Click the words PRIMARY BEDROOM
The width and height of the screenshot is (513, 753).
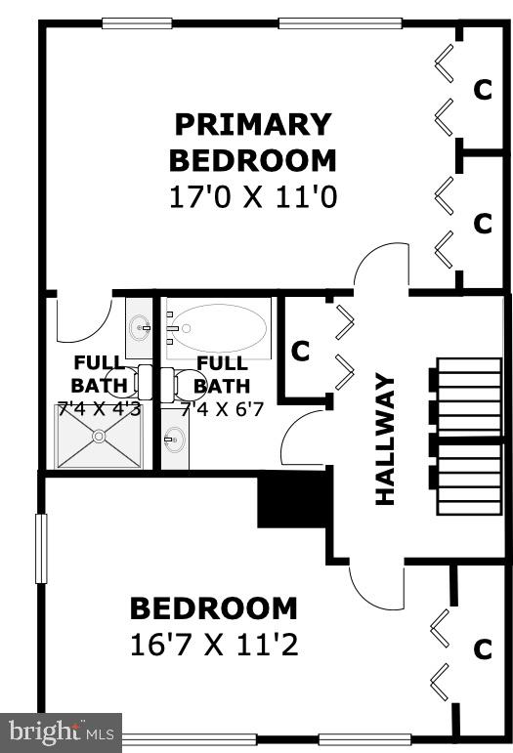(x=252, y=142)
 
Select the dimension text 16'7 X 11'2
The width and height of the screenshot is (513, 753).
(x=213, y=645)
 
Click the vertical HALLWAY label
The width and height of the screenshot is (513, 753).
(x=385, y=439)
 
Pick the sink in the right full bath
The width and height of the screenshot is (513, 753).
(x=174, y=441)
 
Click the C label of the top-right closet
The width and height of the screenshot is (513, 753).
(x=482, y=89)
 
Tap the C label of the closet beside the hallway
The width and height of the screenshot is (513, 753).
(x=301, y=351)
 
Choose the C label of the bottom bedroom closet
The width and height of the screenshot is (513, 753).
(x=482, y=648)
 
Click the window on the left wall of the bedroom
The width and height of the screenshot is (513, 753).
(x=41, y=549)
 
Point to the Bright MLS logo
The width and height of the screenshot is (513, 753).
(x=61, y=731)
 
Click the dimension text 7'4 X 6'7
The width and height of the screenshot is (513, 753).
(x=222, y=409)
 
